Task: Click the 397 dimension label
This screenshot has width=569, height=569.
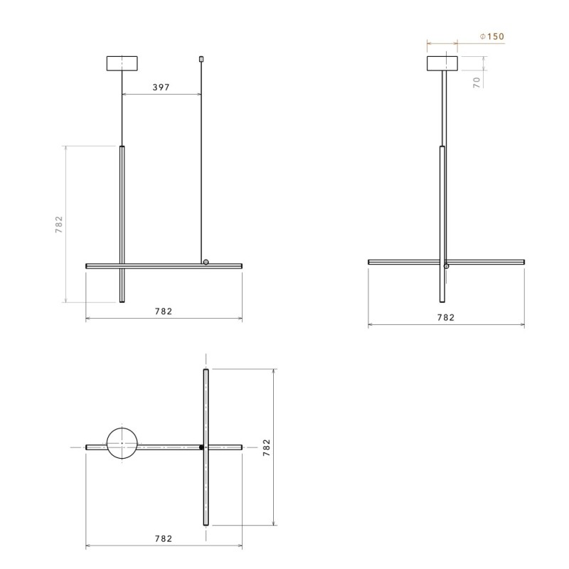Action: [162, 87]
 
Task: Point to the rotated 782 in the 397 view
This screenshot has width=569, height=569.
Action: [60, 225]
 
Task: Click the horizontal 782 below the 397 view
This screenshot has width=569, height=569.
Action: [162, 311]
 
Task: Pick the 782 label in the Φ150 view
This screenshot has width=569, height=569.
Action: [445, 318]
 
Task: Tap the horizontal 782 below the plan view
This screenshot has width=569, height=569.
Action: [162, 538]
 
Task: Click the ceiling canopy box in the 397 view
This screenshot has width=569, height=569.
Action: [122, 63]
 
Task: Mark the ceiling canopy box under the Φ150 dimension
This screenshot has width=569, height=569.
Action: [443, 64]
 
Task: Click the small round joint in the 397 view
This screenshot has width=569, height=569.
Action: [206, 262]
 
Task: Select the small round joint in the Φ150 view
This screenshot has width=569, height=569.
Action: [446, 266]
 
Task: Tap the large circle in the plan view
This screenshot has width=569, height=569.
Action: [122, 445]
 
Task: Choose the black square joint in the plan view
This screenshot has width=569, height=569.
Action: [202, 447]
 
